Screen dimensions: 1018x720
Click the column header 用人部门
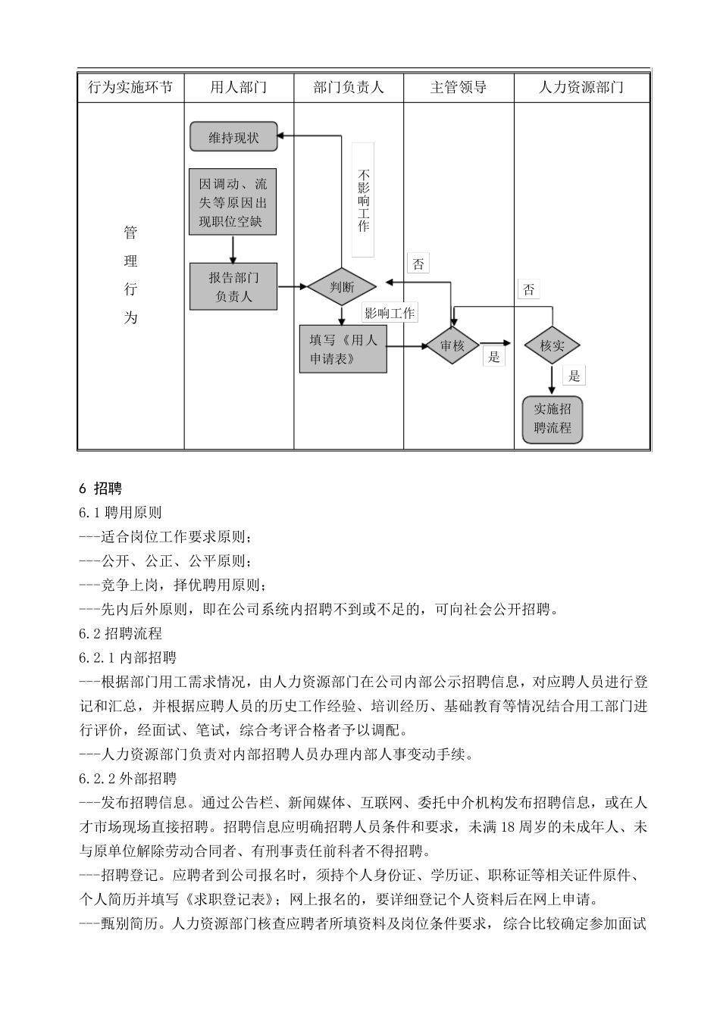pos(238,87)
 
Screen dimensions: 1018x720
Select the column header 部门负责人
pos(349,87)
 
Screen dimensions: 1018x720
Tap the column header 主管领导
pos(459,87)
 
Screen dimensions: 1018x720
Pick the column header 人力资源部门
pos(581,87)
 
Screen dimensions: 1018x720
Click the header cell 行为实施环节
pos(130,87)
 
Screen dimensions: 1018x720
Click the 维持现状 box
pos(233,137)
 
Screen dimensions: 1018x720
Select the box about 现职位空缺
pos(233,202)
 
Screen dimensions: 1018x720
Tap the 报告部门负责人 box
pos(233,287)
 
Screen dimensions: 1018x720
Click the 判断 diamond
pos(342,287)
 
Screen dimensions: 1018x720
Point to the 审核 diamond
pos(452,346)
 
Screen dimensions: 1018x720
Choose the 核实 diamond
pos(552,346)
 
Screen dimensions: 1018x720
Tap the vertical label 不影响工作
pos(363,200)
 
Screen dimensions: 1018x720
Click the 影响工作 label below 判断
pos(390,313)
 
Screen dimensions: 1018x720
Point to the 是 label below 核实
pos(574,376)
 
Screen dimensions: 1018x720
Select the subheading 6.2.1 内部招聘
pos(127,657)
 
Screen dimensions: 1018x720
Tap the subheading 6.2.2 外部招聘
pos(127,778)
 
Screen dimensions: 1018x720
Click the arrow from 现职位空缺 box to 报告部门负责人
pos(233,248)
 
